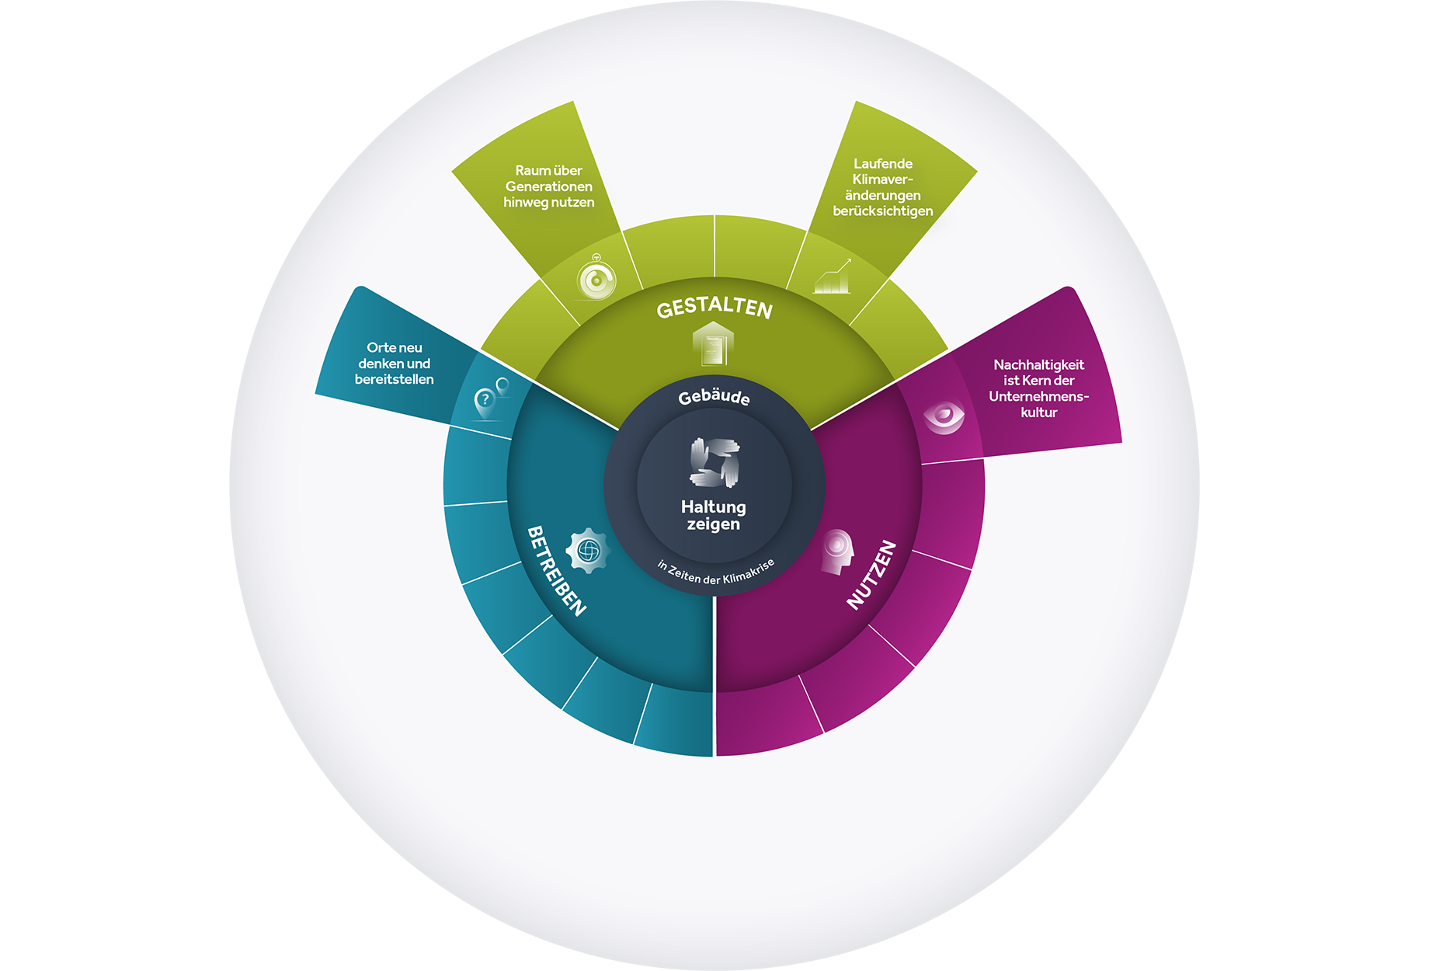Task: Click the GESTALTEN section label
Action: pyautogui.click(x=714, y=308)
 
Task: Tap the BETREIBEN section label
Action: pyautogui.click(x=556, y=571)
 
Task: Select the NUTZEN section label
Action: pyautogui.click(x=871, y=575)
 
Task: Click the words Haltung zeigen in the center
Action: pyautogui.click(x=714, y=515)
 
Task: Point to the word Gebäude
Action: pyautogui.click(x=714, y=397)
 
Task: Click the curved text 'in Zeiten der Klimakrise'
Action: pyautogui.click(x=716, y=573)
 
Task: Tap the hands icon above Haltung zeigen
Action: pyautogui.click(x=714, y=462)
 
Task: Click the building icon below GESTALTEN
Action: pyautogui.click(x=713, y=343)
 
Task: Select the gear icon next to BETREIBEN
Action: pyautogui.click(x=588, y=551)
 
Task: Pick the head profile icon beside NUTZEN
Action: pyautogui.click(x=837, y=552)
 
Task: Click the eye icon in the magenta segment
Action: pyautogui.click(x=944, y=416)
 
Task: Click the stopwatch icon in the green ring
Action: pyautogui.click(x=596, y=278)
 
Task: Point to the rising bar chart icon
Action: pyautogui.click(x=832, y=277)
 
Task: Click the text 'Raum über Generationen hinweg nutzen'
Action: pyautogui.click(x=549, y=186)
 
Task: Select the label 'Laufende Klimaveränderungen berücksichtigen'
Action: pyautogui.click(x=883, y=187)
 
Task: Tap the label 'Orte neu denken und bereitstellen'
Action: pyautogui.click(x=395, y=364)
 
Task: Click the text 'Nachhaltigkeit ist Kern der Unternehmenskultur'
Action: pyautogui.click(x=1039, y=388)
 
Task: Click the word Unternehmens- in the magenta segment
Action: pyautogui.click(x=1039, y=396)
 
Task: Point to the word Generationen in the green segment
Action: pyautogui.click(x=549, y=186)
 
